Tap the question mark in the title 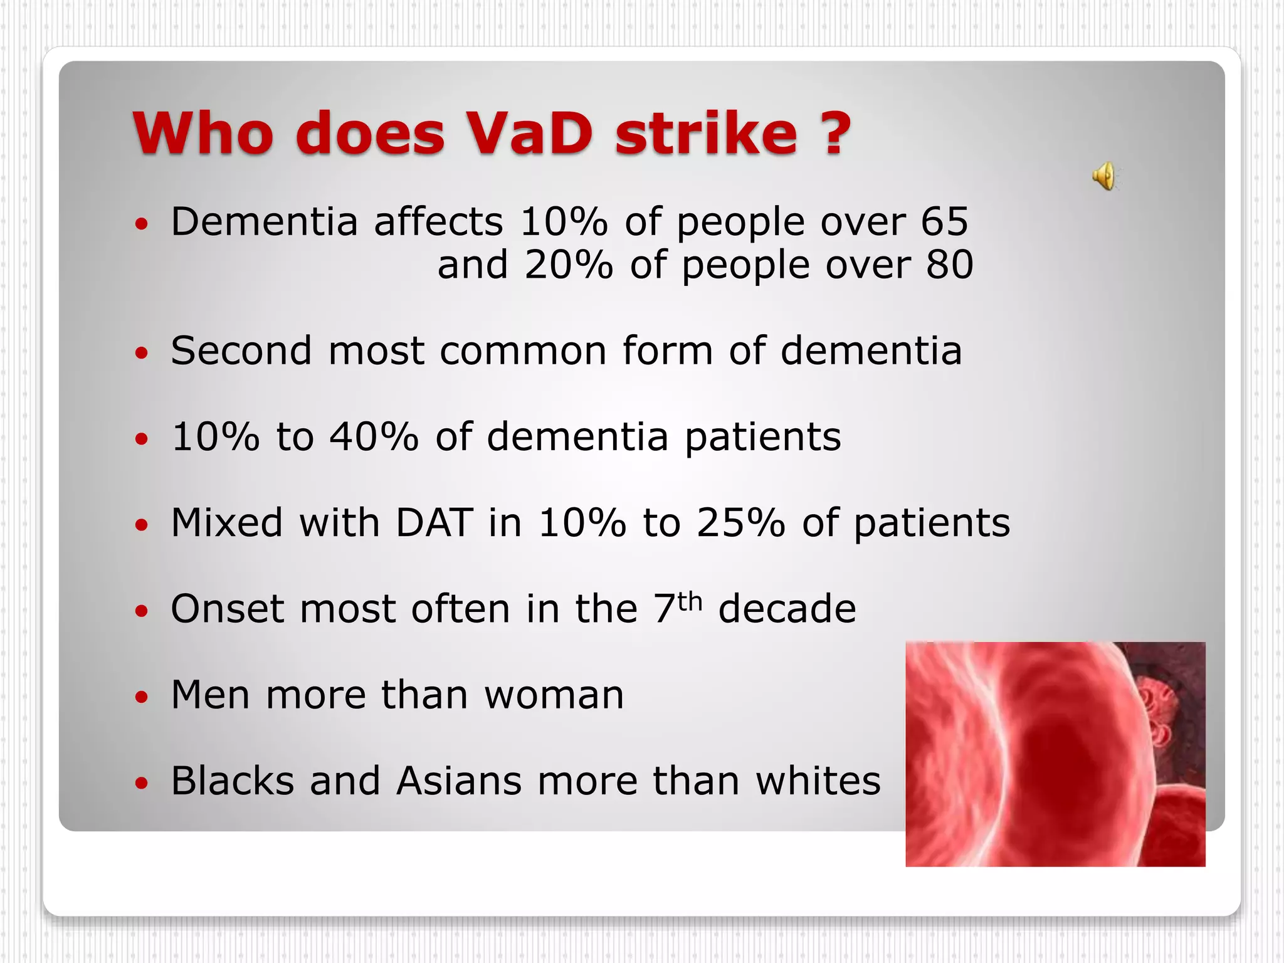836,133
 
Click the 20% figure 568,265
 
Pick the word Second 241,350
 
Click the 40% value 374,436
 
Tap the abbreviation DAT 434,522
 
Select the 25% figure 740,522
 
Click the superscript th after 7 690,602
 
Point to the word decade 787,609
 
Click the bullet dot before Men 142,697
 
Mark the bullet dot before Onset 142,611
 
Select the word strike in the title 706,133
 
